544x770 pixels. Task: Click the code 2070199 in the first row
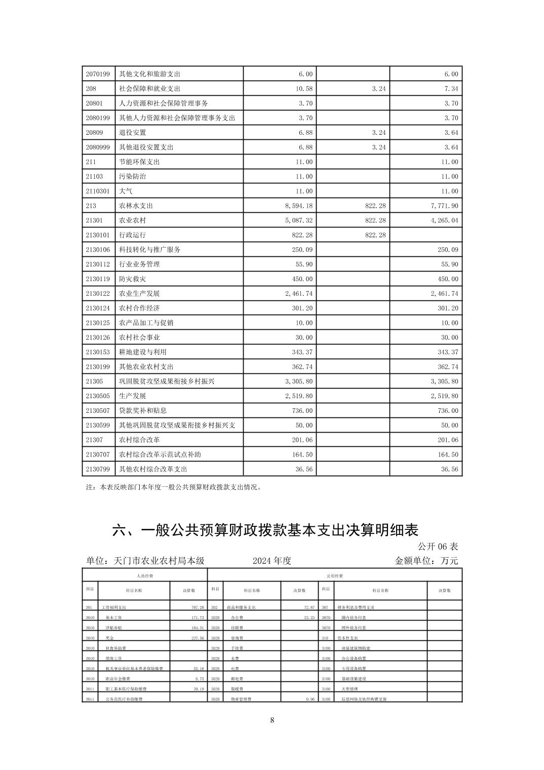click(98, 74)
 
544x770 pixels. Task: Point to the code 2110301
click(98, 191)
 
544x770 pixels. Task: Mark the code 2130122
click(98, 294)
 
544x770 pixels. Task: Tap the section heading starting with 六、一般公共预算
click(265, 530)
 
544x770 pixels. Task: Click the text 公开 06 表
click(438, 547)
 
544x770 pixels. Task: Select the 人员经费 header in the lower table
click(145, 576)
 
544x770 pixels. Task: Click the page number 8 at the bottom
click(272, 720)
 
